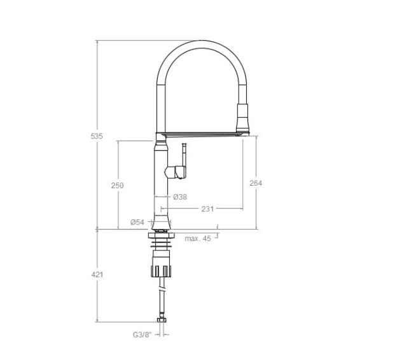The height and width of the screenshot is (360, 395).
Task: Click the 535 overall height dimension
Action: (97, 136)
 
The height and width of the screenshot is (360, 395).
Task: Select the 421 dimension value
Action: (97, 275)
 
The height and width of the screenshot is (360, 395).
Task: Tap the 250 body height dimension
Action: (118, 186)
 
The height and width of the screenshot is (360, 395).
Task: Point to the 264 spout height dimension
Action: (256, 183)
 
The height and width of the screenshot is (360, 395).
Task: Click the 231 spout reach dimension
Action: (207, 209)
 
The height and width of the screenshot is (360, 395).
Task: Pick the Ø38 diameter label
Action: (180, 197)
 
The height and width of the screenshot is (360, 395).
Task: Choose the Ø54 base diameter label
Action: (137, 222)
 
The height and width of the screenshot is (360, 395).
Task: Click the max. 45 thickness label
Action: (198, 239)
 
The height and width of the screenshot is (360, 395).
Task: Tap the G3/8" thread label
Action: (142, 335)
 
